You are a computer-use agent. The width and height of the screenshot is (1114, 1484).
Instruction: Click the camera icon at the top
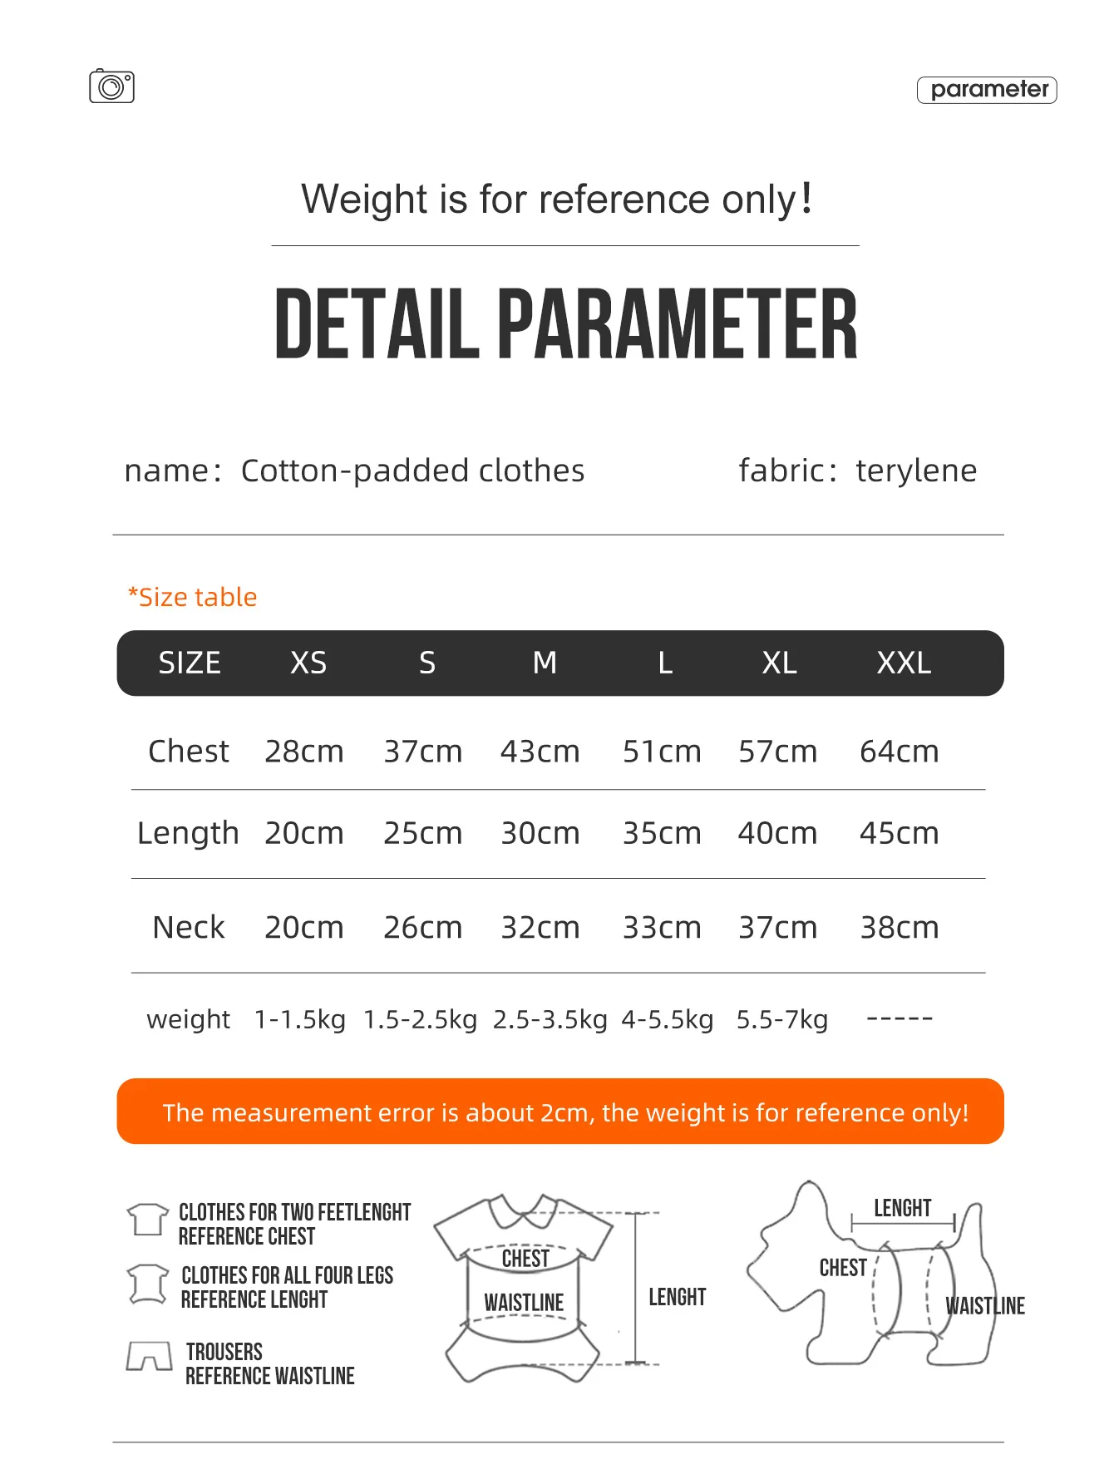click(x=111, y=86)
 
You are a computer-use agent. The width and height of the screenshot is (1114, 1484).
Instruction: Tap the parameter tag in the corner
click(x=987, y=90)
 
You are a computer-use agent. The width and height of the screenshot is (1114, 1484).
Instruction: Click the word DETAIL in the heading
click(x=377, y=325)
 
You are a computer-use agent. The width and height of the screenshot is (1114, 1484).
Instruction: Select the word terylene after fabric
click(x=916, y=471)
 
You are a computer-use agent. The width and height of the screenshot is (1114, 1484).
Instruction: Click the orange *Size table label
click(x=192, y=597)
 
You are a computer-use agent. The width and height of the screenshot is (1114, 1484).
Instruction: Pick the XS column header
click(x=308, y=663)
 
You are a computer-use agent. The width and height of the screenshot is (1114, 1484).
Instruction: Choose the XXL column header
click(x=904, y=663)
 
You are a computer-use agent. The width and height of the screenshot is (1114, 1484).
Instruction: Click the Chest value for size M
click(x=540, y=752)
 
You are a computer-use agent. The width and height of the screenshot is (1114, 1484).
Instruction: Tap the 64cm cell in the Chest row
click(x=899, y=752)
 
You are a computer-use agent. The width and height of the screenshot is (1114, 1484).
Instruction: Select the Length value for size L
click(x=662, y=833)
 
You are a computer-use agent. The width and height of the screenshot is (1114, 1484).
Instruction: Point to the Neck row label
click(x=189, y=927)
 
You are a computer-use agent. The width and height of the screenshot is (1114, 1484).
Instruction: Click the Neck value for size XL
click(x=777, y=927)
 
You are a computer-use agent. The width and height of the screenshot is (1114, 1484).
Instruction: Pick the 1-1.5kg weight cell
click(x=299, y=1019)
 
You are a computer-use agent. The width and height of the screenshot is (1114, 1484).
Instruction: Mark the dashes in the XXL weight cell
click(x=900, y=1018)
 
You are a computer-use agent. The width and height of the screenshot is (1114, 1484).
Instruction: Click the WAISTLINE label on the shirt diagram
click(x=524, y=1303)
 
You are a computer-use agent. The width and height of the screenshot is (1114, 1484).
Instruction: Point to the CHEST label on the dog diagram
click(x=843, y=1268)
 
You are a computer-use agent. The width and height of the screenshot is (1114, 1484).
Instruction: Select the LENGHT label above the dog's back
click(x=902, y=1208)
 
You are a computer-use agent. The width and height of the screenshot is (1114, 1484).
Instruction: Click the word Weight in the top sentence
click(x=364, y=200)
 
